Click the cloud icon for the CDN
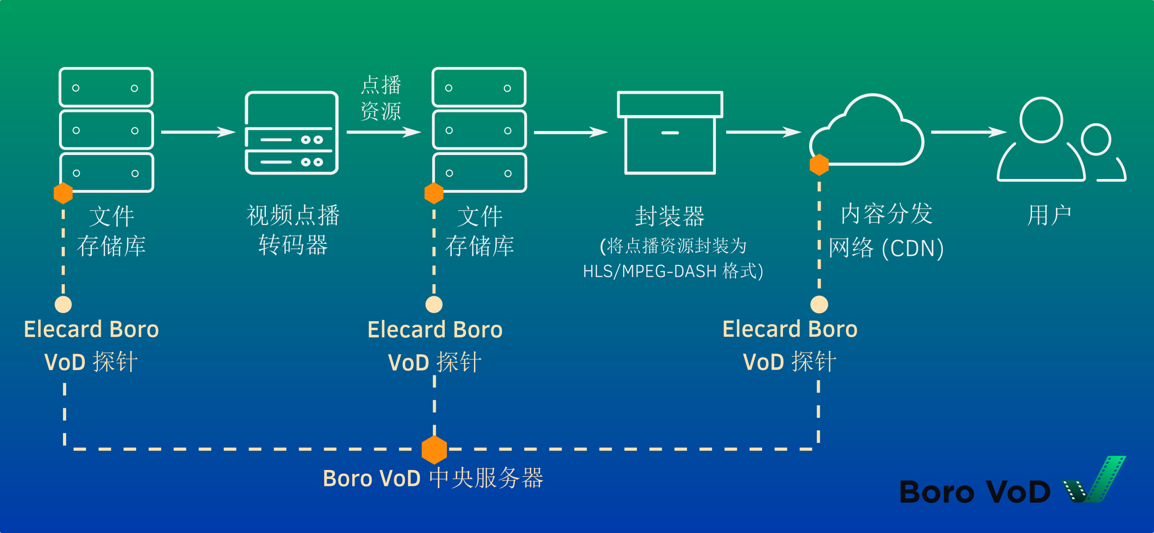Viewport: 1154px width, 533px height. point(869,132)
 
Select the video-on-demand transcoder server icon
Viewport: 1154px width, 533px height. point(292,133)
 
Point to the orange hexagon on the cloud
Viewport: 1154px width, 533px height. point(819,165)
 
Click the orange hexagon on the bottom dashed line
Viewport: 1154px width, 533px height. point(434,449)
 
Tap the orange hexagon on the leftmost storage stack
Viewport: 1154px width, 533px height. point(63,193)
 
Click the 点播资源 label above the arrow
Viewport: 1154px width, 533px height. point(381,98)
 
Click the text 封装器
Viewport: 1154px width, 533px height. point(670,216)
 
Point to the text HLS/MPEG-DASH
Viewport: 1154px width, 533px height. point(650,272)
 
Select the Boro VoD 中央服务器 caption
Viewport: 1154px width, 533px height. point(433,478)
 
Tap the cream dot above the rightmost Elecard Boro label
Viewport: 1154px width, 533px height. point(819,304)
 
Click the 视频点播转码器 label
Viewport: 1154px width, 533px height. point(293,230)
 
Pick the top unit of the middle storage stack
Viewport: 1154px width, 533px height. point(478,88)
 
